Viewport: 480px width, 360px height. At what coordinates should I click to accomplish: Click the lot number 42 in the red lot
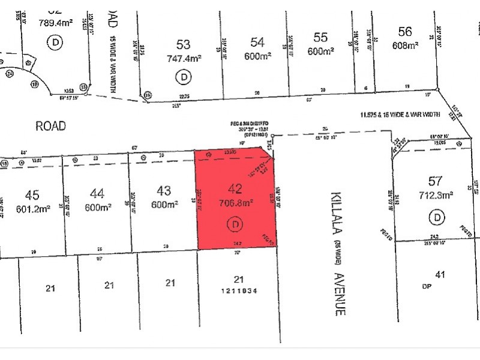[x=235, y=189]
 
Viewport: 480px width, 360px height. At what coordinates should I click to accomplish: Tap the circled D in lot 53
[x=182, y=77]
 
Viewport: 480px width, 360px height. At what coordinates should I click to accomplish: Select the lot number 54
[x=257, y=41]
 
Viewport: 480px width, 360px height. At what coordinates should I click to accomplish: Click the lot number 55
[x=320, y=38]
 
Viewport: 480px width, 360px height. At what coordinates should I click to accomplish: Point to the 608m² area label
[x=405, y=45]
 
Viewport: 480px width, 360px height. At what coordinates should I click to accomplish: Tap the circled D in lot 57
[x=438, y=217]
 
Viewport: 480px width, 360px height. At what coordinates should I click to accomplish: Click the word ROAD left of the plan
[x=50, y=126]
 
